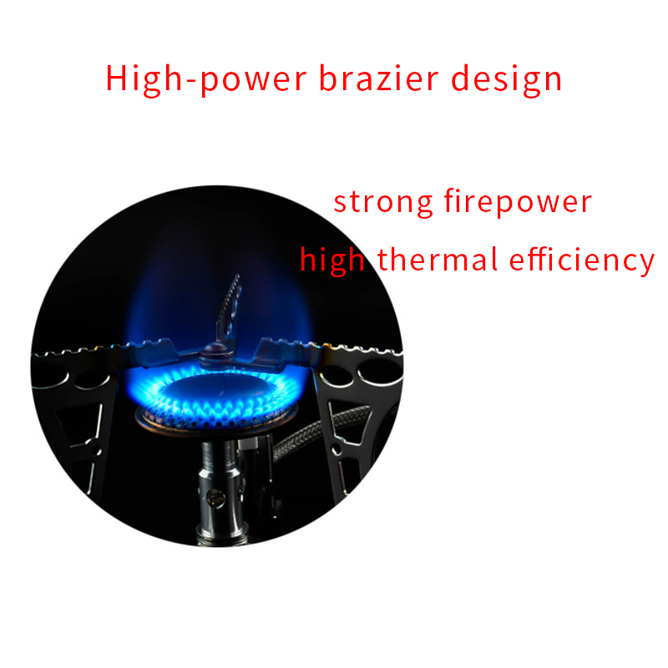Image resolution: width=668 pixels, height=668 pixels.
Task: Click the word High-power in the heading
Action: point(205,79)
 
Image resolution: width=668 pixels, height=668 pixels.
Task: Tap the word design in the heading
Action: point(507,80)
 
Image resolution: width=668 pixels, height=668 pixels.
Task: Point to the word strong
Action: point(383,203)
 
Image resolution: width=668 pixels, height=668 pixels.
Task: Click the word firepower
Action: point(518,202)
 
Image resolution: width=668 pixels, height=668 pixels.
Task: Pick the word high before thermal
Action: point(332,261)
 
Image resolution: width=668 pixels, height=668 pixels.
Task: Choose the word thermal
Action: point(438,259)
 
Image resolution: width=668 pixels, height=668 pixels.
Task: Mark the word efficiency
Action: point(581,261)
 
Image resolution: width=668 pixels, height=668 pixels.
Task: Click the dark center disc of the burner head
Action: point(218,389)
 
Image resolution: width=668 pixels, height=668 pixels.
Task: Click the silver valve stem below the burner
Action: point(220,490)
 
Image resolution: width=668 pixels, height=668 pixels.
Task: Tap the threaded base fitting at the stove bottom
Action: point(221,538)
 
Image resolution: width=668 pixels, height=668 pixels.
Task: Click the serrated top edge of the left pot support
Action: point(107,348)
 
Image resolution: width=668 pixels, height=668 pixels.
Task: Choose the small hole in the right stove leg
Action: point(337,448)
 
